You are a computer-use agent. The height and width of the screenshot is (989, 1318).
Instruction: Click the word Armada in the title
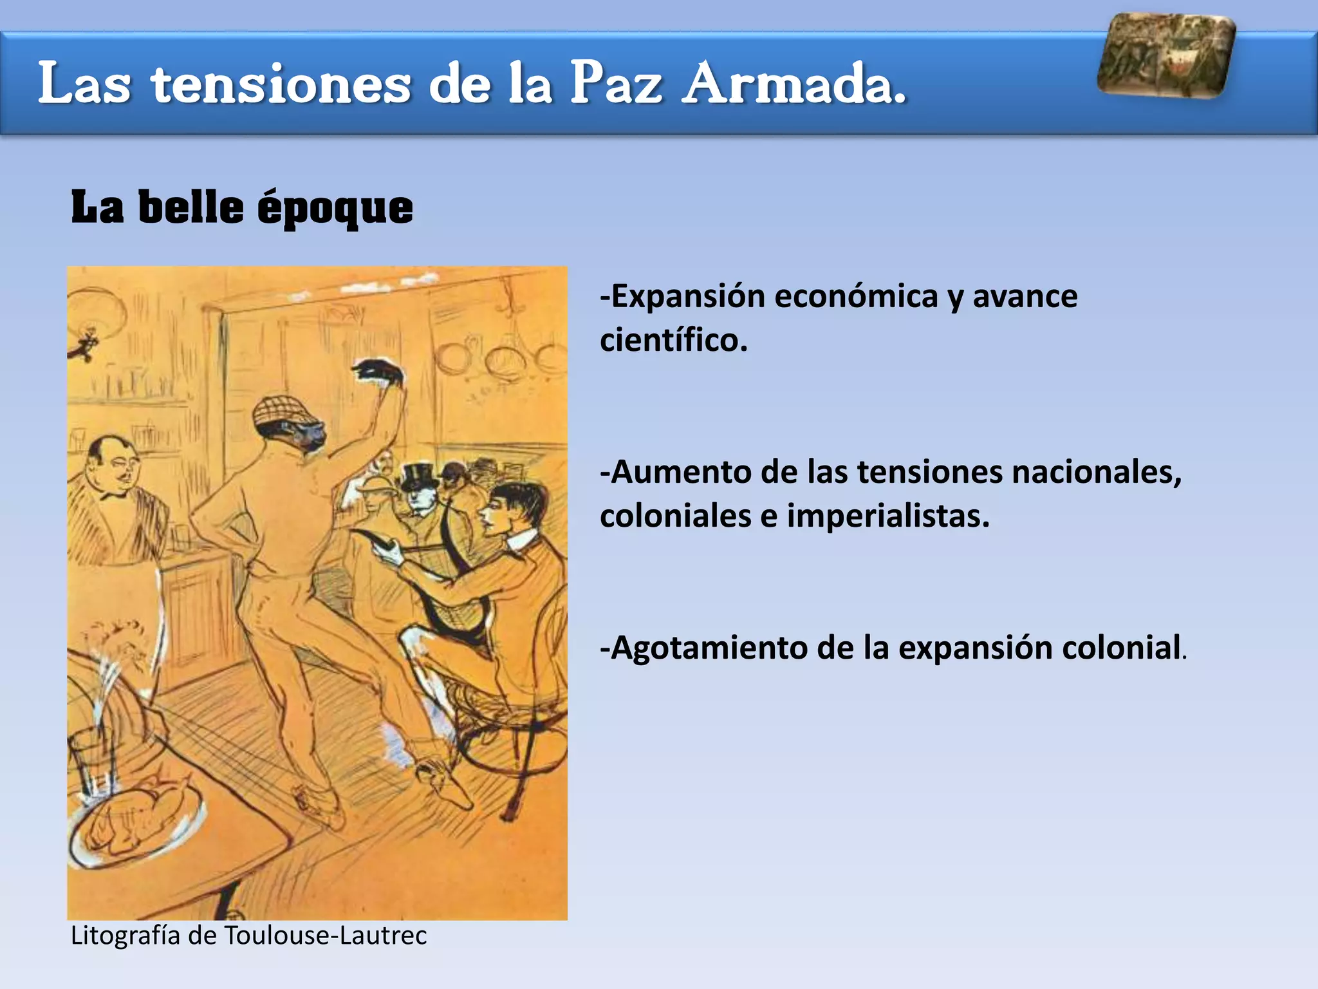click(x=794, y=84)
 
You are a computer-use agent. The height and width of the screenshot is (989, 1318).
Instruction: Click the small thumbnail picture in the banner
click(x=1165, y=57)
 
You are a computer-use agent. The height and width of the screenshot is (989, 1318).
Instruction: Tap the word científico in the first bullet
click(x=673, y=340)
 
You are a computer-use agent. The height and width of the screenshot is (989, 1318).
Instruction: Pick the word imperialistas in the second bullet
click(x=888, y=516)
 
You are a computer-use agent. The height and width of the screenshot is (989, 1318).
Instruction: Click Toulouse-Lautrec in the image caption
click(x=325, y=936)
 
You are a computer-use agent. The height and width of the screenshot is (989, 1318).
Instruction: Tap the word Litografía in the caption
click(x=125, y=936)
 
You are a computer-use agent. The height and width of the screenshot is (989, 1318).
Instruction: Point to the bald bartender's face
click(x=118, y=467)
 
